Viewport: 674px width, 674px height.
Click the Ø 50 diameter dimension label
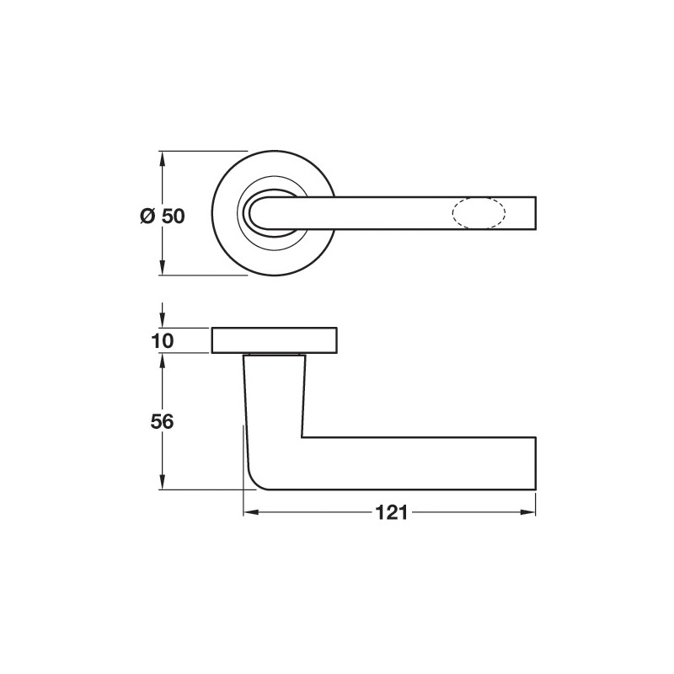pos(162,216)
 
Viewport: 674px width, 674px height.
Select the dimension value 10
pos(163,341)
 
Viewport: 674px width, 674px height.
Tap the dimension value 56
pos(163,422)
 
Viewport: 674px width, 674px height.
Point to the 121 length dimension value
pos(389,512)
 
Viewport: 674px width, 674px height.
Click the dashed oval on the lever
pos(480,213)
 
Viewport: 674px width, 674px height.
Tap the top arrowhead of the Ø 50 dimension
pos(162,158)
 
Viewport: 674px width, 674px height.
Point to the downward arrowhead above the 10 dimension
pos(162,323)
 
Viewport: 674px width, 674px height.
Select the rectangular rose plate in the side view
pos(275,340)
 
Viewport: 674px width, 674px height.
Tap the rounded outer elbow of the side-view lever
pos(258,479)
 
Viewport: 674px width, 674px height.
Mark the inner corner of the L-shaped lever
pos(302,436)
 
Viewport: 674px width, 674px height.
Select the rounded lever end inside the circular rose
pos(255,213)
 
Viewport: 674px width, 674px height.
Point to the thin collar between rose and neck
pos(275,355)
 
